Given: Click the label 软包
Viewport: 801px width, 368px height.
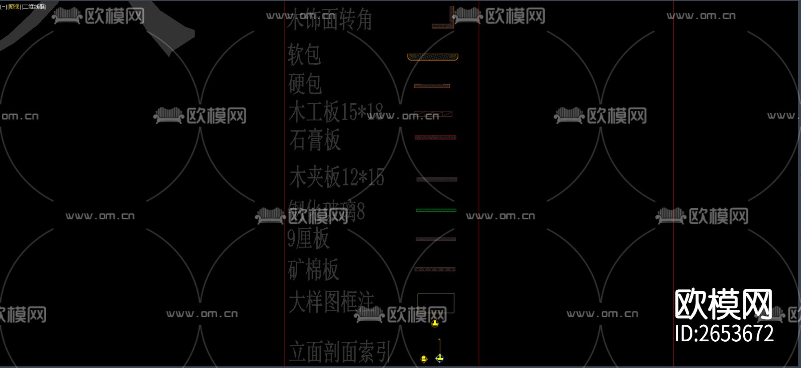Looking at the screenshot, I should click(304, 55).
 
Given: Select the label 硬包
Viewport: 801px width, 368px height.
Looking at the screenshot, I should click(305, 84).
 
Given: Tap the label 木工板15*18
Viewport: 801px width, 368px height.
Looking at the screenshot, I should click(336, 112).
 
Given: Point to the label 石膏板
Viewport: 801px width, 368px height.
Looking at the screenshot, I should click(315, 140).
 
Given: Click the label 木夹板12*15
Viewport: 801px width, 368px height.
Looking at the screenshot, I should click(336, 177).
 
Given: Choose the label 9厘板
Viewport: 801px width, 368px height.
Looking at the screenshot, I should click(308, 238).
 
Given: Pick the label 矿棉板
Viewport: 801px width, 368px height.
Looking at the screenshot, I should click(313, 269).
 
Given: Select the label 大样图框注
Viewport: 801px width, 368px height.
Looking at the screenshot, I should click(332, 302).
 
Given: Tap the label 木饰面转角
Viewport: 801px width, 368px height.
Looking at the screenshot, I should click(329, 20).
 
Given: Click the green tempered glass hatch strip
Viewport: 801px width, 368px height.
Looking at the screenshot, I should click(436, 210).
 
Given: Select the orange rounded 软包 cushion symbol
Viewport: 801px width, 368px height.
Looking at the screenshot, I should click(433, 57).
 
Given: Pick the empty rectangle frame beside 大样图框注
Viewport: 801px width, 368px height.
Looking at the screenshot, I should click(436, 303).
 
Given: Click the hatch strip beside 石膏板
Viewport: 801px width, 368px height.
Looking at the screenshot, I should click(435, 137).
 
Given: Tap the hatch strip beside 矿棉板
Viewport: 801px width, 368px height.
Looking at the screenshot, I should click(435, 269).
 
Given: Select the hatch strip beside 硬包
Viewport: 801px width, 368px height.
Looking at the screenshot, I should click(432, 86).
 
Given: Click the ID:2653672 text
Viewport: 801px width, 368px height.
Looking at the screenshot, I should click(724, 334).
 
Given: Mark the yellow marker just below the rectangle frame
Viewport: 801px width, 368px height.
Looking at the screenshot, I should click(435, 324).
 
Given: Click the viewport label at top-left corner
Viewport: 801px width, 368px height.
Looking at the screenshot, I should click(23, 6).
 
